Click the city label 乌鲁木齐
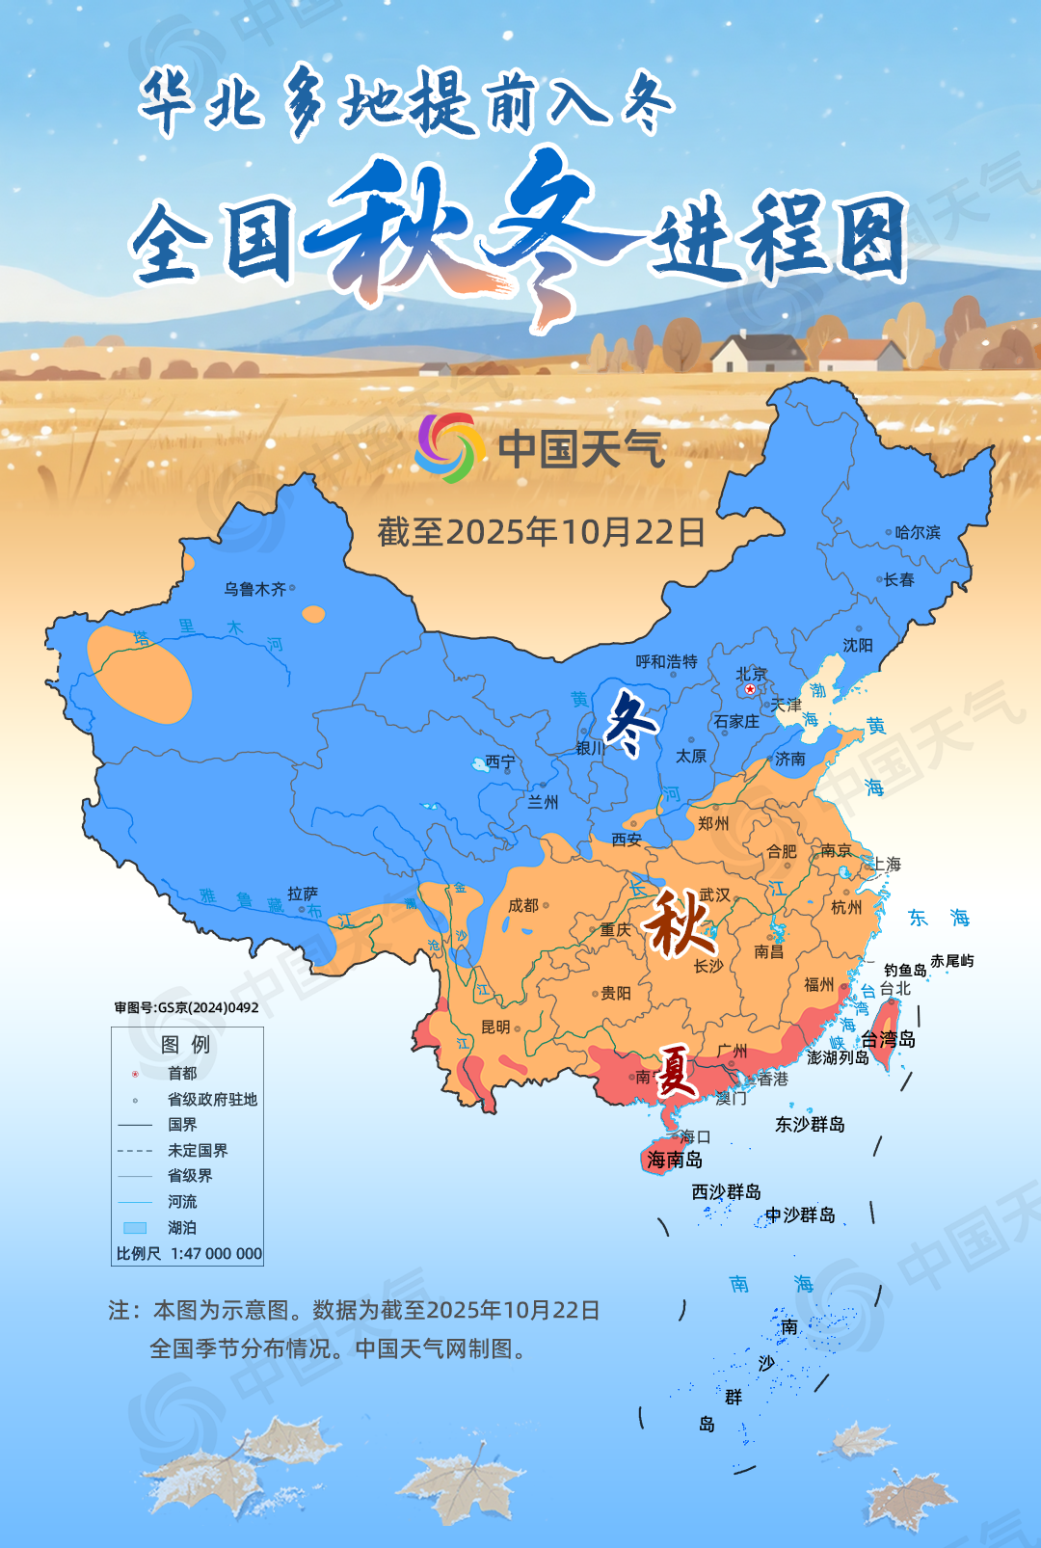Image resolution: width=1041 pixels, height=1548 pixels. pyautogui.click(x=254, y=589)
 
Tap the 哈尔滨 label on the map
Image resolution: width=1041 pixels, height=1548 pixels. pyautogui.click(x=917, y=532)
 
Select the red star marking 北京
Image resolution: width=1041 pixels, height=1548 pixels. pyautogui.click(x=750, y=689)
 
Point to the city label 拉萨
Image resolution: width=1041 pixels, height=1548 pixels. pyautogui.click(x=303, y=894)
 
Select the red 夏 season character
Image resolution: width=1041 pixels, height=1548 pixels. pyautogui.click(x=676, y=1072)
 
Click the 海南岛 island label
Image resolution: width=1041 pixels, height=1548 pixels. pyautogui.click(x=675, y=1160)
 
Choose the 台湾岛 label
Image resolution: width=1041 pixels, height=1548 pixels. pyautogui.click(x=888, y=1039)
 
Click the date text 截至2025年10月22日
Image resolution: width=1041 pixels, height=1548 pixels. pyautogui.click(x=541, y=532)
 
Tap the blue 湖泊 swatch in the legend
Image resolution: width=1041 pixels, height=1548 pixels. pyautogui.click(x=135, y=1228)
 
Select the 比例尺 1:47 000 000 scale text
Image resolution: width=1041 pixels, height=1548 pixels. pyautogui.click(x=189, y=1254)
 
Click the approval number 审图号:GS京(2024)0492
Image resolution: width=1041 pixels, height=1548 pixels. pyautogui.click(x=186, y=1007)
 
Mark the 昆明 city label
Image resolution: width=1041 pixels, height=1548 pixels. pyautogui.click(x=495, y=1028)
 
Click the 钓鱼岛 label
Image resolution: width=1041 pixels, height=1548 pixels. pyautogui.click(x=904, y=970)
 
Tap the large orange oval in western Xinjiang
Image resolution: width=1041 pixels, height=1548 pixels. pyautogui.click(x=140, y=675)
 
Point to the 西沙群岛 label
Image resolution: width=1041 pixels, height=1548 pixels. pyautogui.click(x=726, y=1192)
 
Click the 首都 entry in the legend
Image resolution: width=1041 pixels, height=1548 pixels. pyautogui.click(x=181, y=1074)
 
